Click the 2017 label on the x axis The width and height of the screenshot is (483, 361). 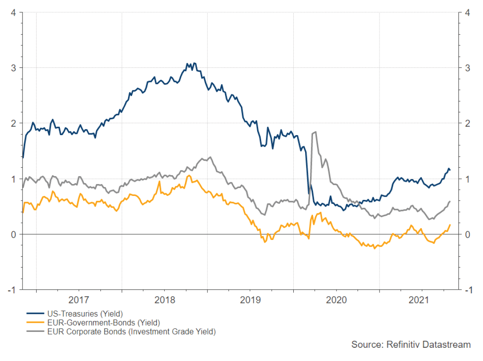pos(79,300)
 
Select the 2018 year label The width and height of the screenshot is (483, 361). pos(165,300)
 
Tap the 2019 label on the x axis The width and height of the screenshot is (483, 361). pos(251,300)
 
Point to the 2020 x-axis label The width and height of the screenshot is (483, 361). pos(336,300)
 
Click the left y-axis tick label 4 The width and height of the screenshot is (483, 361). pos(14,12)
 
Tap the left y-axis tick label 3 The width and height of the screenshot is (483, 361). pos(14,68)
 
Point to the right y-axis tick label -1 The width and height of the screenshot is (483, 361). pos(466,290)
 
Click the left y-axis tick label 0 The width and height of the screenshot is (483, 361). pos(14,234)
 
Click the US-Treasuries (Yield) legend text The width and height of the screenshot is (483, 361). pos(85,314)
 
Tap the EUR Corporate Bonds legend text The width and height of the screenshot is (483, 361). pos(131,332)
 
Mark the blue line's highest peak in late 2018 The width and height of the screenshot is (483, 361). pos(194,63)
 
